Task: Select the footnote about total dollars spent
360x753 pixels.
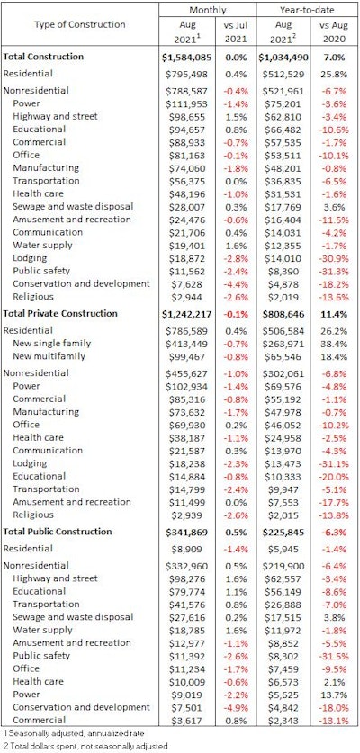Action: tap(81, 747)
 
